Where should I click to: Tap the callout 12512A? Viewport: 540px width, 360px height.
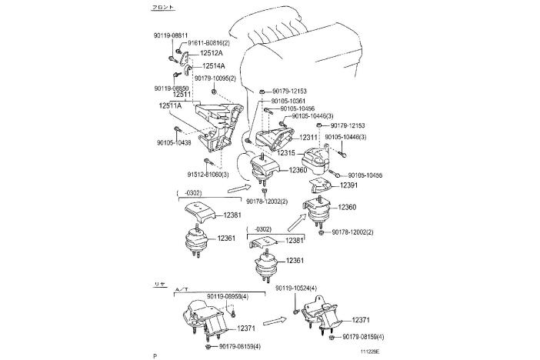211,54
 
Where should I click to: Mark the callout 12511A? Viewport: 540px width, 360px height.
171,105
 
